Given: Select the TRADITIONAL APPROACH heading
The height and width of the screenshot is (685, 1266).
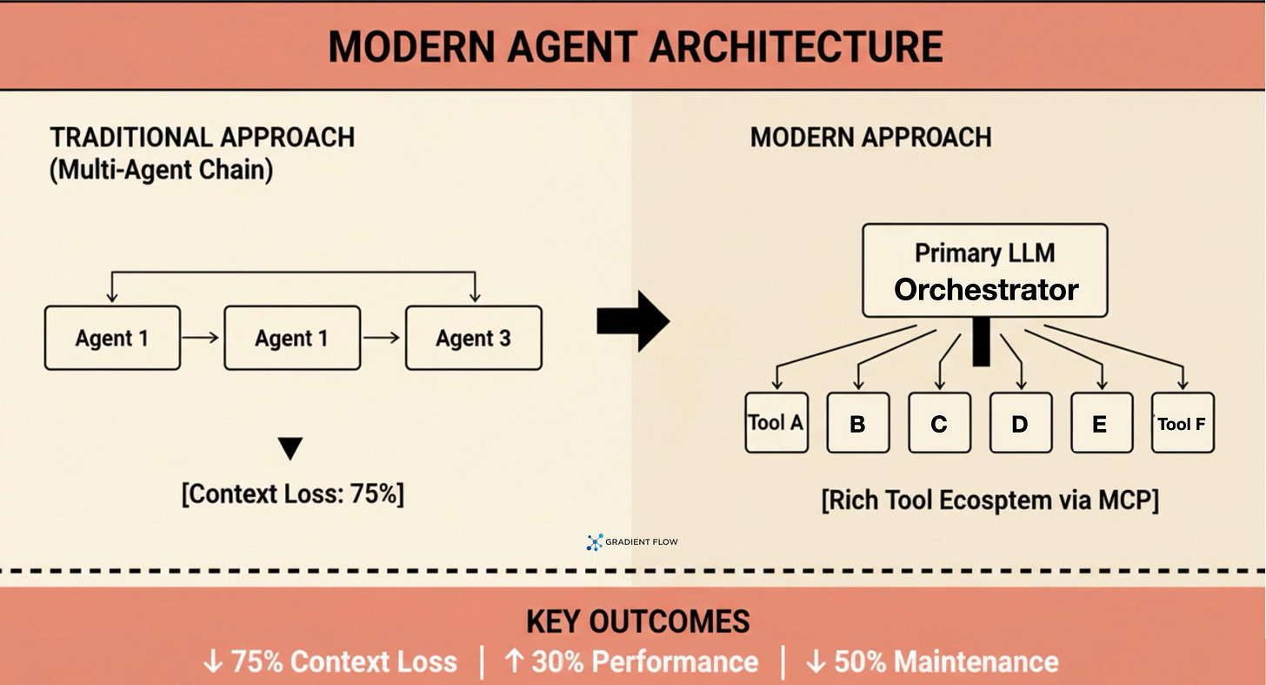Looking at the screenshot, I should coord(202,138).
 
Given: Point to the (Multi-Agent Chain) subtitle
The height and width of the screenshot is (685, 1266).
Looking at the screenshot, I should coord(161,170).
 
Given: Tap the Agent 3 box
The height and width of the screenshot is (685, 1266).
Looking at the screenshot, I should coord(473,338).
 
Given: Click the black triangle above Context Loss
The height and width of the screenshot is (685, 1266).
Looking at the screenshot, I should coord(291,448).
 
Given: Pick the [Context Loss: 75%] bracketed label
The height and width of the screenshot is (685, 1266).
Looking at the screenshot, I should coord(292,494).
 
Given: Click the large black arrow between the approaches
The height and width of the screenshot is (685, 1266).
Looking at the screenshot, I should coord(633,322).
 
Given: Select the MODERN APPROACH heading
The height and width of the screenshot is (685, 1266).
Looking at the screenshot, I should coord(870,138).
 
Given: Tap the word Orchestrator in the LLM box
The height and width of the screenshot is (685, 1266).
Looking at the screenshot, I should coord(986,290).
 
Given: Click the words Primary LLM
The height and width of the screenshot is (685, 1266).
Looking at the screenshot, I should coord(984,253).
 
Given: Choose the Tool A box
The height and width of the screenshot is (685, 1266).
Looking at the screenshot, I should coord(776,423).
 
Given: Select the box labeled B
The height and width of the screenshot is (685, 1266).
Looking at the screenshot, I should coord(857,424).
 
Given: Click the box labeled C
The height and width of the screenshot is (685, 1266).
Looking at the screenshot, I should coord(939,424).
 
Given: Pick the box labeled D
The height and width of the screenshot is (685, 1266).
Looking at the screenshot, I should coord(1020,424).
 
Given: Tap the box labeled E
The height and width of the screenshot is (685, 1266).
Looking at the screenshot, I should coord(1102,424).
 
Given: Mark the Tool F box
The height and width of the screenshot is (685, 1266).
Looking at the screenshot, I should coord(1183,424).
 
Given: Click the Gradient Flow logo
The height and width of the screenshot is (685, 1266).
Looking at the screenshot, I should coord(632,542).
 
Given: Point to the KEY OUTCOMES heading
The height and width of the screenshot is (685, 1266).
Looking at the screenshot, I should coord(637,621).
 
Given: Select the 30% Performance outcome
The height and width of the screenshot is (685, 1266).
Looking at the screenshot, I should coord(631,662).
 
